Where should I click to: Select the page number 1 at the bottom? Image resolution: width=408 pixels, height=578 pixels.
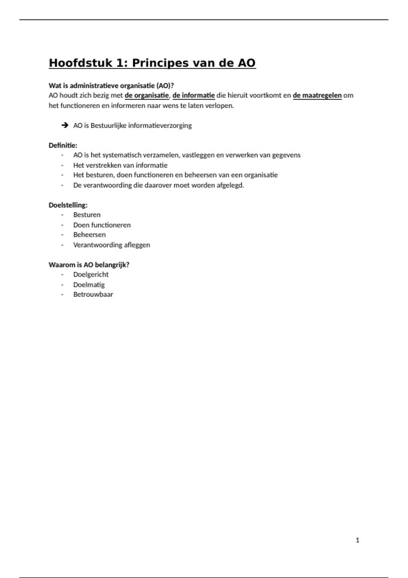click(x=357, y=540)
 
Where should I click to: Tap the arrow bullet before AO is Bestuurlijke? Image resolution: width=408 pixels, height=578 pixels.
click(x=65, y=125)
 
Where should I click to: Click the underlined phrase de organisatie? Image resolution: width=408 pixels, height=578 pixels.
click(x=147, y=96)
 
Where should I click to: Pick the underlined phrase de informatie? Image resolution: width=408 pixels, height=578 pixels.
click(x=193, y=96)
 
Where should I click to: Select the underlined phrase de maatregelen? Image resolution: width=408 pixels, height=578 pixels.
click(x=317, y=96)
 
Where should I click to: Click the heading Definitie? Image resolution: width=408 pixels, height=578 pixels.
click(x=63, y=146)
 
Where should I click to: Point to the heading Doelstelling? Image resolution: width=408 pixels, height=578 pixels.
click(x=68, y=205)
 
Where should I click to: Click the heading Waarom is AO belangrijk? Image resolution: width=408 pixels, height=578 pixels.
click(x=89, y=265)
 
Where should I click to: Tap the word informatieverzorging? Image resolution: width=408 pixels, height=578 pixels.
click(x=160, y=125)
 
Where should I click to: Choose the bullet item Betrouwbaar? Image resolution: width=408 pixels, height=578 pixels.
click(x=93, y=294)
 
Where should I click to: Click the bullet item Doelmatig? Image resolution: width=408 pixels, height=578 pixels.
click(x=89, y=285)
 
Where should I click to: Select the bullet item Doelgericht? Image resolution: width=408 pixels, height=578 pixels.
click(x=91, y=275)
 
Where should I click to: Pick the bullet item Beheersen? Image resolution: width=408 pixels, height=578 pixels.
click(x=89, y=235)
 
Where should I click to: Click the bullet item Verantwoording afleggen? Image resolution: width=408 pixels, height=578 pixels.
click(x=112, y=245)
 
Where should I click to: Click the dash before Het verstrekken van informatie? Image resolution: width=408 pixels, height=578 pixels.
click(x=62, y=166)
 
